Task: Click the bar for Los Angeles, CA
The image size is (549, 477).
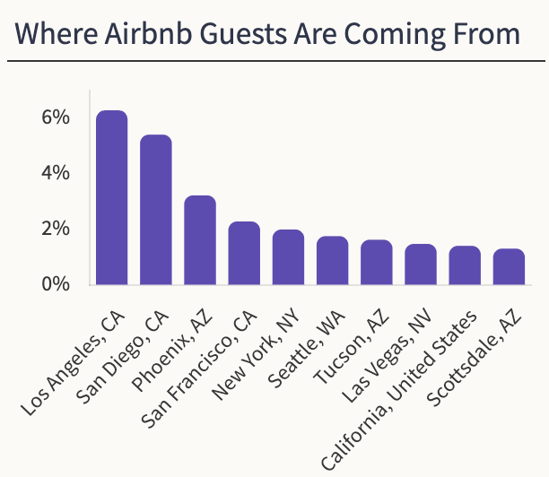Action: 112,198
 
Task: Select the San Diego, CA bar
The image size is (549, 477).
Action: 156,211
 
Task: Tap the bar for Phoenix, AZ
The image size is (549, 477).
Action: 200,240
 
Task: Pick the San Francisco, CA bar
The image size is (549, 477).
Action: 244,254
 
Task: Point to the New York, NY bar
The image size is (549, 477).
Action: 288,258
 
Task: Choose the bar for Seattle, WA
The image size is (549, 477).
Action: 332,261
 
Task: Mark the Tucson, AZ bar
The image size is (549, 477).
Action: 376,263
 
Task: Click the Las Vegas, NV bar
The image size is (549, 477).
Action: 420,265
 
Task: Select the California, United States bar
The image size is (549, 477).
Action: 464,265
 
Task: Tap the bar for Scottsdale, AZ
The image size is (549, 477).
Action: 509,267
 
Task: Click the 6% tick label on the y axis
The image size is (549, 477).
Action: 55,117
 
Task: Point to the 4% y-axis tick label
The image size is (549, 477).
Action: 55,173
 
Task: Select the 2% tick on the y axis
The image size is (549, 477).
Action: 55,229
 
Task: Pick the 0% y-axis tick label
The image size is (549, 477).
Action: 55,284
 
